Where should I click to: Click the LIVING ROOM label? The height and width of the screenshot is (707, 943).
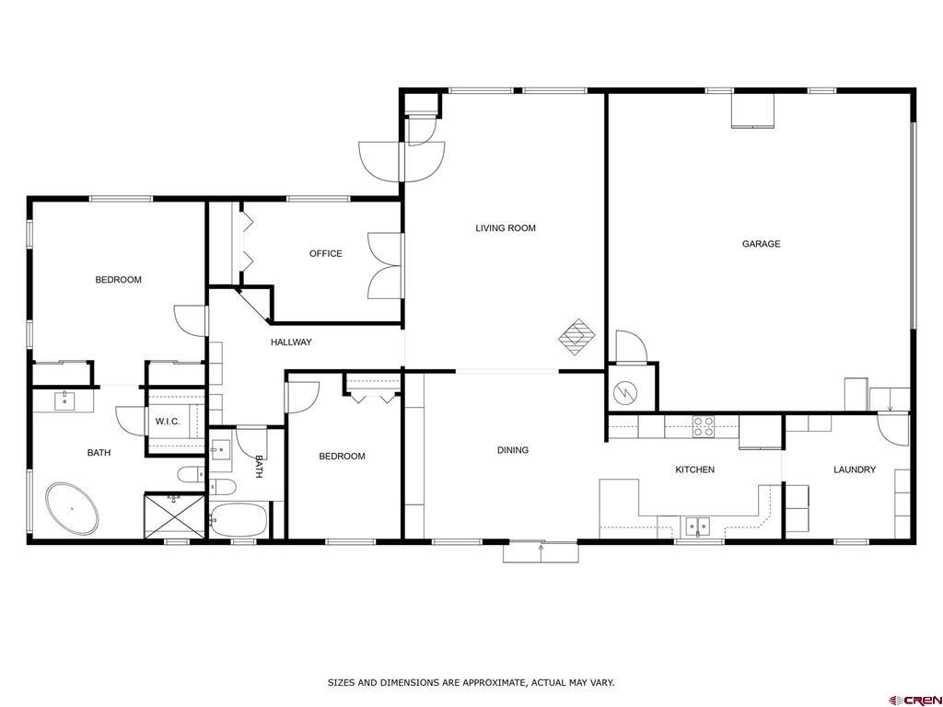click(x=506, y=228)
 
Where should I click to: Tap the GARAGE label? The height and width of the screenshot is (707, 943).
click(x=761, y=243)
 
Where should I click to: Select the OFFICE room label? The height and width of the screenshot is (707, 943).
click(x=326, y=254)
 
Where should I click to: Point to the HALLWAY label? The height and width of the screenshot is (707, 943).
click(x=291, y=342)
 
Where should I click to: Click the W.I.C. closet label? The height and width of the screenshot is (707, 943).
click(x=168, y=422)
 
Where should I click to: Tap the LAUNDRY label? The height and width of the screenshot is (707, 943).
click(x=855, y=469)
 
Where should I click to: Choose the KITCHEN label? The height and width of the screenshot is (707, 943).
click(x=694, y=469)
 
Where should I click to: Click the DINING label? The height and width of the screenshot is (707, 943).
click(x=513, y=449)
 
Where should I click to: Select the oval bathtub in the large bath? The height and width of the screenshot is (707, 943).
click(x=72, y=508)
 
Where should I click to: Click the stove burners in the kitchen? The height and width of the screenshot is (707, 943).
click(x=703, y=426)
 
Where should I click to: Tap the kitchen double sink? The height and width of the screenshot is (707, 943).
click(x=698, y=526)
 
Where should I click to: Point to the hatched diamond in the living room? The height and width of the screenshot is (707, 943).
click(x=577, y=338)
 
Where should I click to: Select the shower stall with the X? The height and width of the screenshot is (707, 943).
click(x=174, y=516)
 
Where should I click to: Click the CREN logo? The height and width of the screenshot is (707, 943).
click(x=916, y=700)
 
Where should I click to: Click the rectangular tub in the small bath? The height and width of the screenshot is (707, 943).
click(x=239, y=520)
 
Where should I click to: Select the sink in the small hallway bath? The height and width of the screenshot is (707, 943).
click(x=220, y=449)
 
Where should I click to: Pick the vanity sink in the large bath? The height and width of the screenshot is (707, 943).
click(x=64, y=400)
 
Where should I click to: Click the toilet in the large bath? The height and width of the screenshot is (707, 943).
click(x=192, y=475)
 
